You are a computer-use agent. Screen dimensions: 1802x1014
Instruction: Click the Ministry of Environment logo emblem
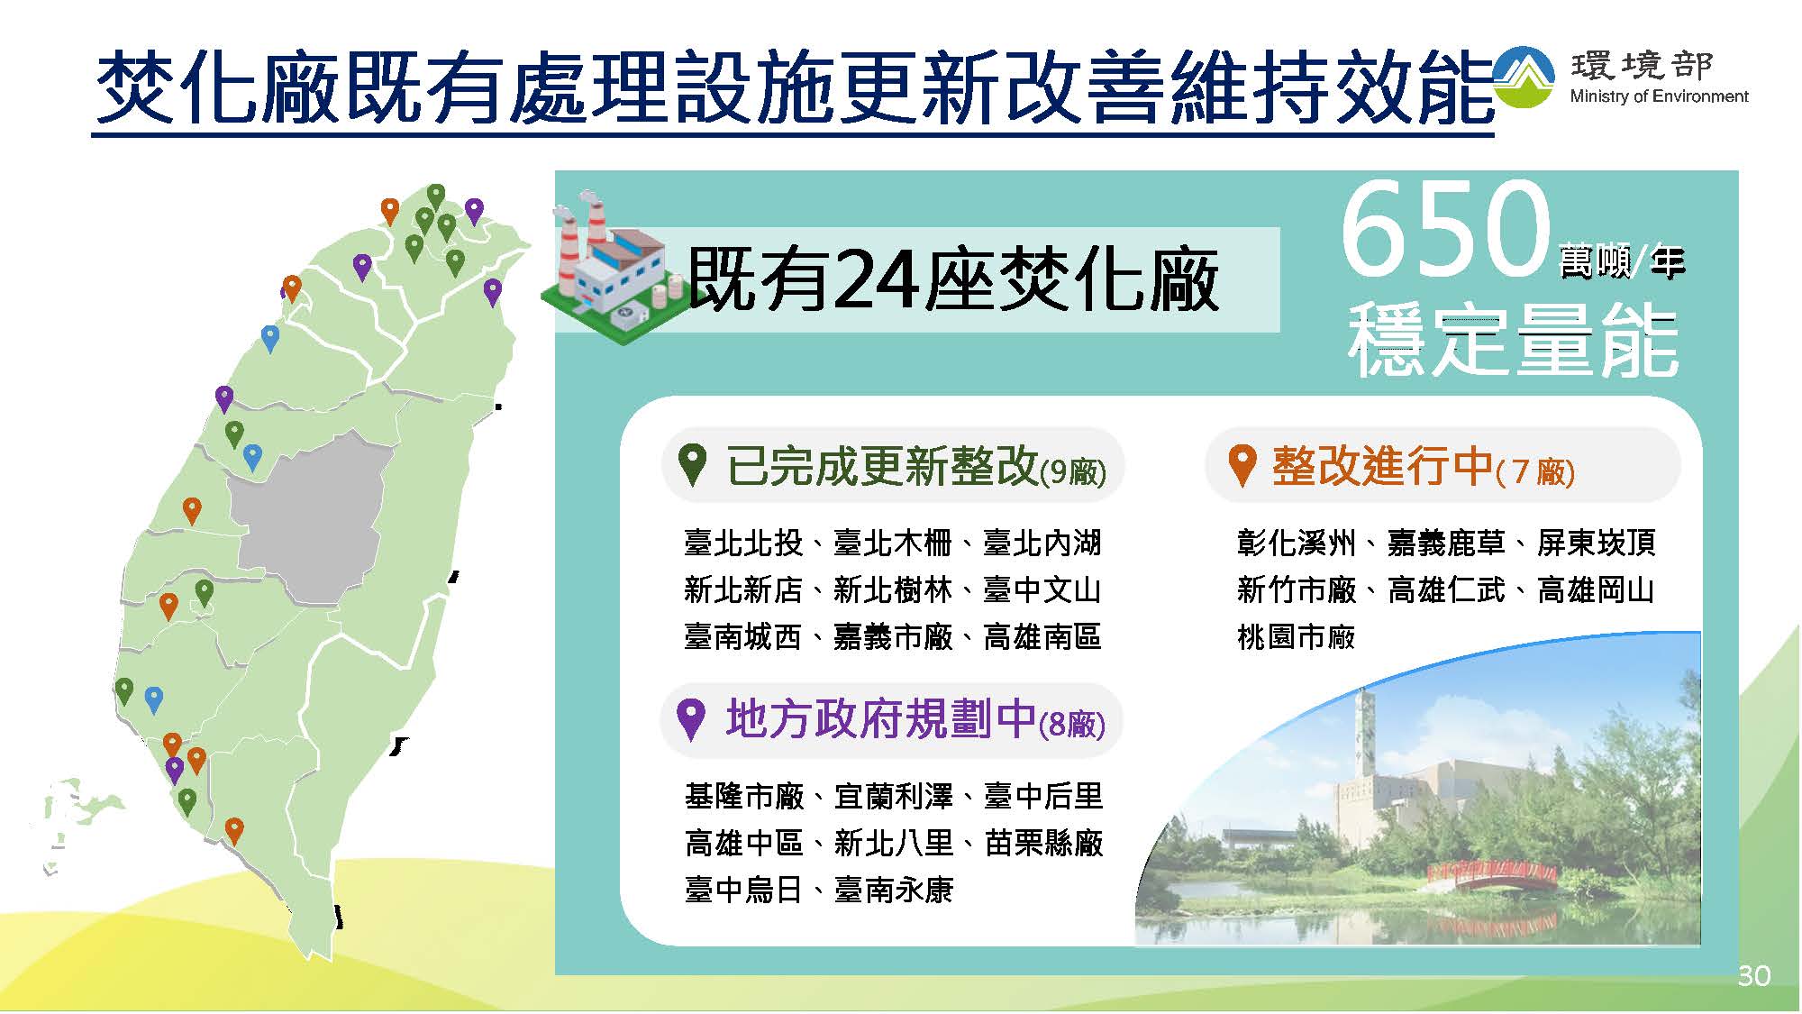click(1524, 77)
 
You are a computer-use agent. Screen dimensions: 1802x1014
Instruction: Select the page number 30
click(1753, 975)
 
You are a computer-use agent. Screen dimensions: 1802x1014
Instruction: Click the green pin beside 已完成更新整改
click(692, 465)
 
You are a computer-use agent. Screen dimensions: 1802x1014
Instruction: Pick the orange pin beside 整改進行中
click(1242, 465)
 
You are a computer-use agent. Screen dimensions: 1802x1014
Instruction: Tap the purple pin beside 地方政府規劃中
click(690, 720)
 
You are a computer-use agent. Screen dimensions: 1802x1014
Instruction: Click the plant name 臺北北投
click(743, 544)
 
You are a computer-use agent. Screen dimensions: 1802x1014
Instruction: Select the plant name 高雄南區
click(1042, 637)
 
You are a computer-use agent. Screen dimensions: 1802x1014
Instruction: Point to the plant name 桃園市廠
click(1297, 637)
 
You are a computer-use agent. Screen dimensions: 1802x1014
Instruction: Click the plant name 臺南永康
click(894, 891)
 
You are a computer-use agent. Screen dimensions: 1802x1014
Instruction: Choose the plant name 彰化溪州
click(1297, 544)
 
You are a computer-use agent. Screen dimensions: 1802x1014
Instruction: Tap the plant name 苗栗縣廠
click(1044, 844)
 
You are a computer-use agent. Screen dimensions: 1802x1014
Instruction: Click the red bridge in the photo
click(1493, 876)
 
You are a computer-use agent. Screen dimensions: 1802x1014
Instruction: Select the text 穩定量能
click(1514, 341)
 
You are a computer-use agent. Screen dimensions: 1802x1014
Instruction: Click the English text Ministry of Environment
click(1659, 96)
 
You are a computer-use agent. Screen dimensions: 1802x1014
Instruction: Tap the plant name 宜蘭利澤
click(894, 797)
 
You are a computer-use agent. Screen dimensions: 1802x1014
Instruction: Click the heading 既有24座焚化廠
click(953, 279)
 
